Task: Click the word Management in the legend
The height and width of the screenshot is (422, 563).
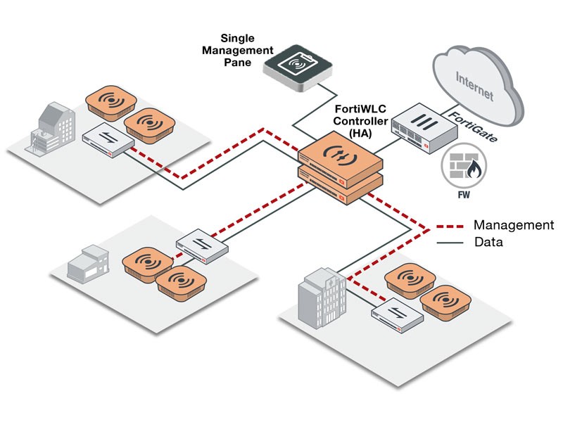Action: (x=513, y=225)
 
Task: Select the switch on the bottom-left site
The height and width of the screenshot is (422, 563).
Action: (x=202, y=245)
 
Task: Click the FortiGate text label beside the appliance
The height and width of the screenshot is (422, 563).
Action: (x=474, y=126)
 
